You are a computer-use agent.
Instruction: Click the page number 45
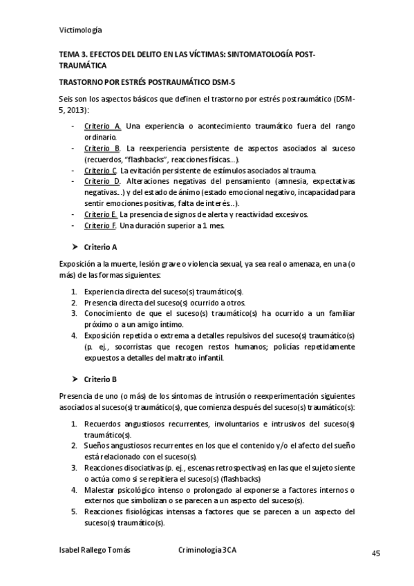(x=377, y=553)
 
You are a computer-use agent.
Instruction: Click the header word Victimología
(x=81, y=29)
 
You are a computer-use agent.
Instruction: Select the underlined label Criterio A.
(x=102, y=126)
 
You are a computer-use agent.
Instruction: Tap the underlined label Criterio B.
(x=102, y=149)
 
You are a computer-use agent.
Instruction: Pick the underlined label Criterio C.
(x=101, y=170)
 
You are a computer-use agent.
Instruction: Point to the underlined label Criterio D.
(x=102, y=181)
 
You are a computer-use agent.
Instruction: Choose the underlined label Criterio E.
(x=101, y=214)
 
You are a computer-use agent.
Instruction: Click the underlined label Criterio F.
(x=101, y=225)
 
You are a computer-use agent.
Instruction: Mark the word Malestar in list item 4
(x=99, y=490)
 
